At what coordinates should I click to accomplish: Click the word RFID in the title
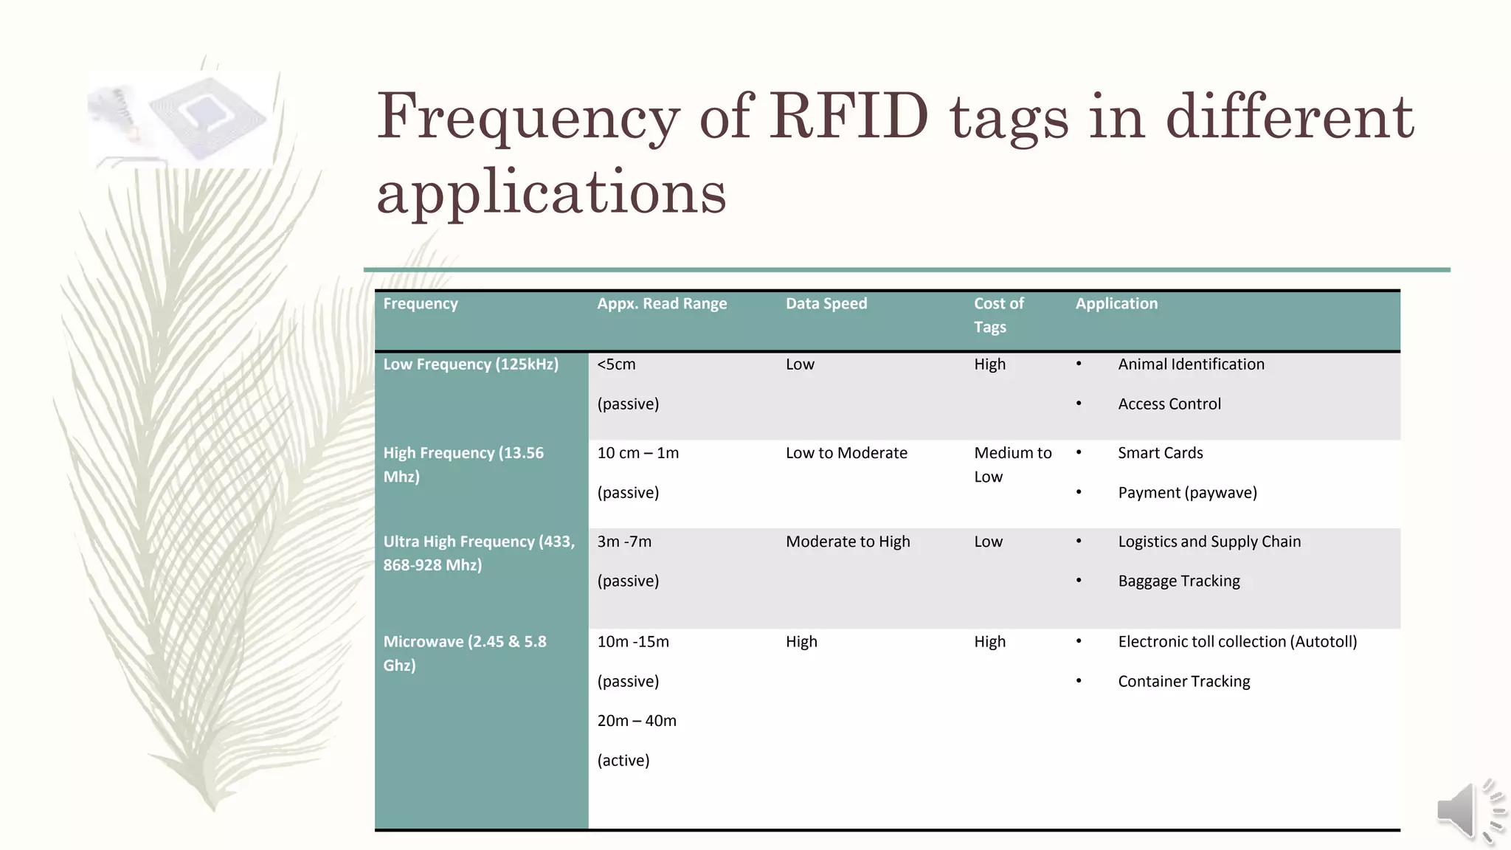click(848, 117)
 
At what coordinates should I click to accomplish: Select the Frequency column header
click(421, 303)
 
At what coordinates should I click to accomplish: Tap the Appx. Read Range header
click(662, 303)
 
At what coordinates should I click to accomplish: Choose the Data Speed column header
click(826, 303)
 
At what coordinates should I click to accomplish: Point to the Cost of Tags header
click(998, 315)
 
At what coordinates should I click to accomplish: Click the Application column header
click(1116, 303)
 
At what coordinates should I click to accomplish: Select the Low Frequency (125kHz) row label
click(471, 364)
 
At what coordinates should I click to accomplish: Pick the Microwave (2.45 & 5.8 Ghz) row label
click(465, 653)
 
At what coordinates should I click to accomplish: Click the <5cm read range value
click(616, 364)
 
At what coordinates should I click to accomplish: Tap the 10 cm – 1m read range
click(638, 452)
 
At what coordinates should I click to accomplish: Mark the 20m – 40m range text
click(637, 720)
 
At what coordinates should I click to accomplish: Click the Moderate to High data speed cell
click(848, 541)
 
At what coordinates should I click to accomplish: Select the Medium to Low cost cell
click(1012, 464)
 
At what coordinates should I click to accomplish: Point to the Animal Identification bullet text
click(1191, 364)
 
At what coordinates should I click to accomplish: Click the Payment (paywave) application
click(1187, 492)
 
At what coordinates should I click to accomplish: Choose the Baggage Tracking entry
click(1179, 581)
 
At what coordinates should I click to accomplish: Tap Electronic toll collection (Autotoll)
click(1237, 641)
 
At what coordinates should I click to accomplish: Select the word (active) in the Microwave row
click(623, 760)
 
